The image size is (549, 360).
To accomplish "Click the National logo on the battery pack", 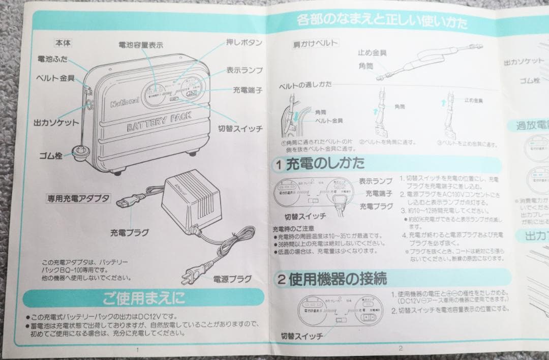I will coord(125,103).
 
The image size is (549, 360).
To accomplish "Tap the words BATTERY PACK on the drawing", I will coord(159,121).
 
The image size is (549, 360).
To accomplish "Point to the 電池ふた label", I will coord(52,59).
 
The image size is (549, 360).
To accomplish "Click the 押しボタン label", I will coord(243,42).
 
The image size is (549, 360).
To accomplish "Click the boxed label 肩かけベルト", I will coord(315,43).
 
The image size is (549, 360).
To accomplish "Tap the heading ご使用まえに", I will coord(144,297).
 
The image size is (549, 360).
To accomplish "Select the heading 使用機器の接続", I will coord(338,279).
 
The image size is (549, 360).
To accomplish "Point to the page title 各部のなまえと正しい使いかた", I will coord(382,22).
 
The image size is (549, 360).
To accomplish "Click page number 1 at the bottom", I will coord(137,350).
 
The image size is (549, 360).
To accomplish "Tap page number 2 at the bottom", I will coord(401,348).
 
